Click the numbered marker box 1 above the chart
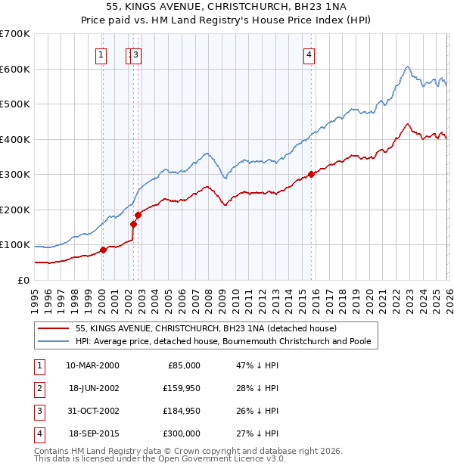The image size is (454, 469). [101, 54]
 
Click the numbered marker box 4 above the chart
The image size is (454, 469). [309, 54]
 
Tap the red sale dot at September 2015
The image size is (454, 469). [311, 174]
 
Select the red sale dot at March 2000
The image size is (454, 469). [104, 250]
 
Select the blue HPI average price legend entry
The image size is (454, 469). [223, 341]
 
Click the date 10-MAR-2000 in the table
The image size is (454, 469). [92, 365]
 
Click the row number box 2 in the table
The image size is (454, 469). [39, 387]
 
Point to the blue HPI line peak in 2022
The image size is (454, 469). [407, 67]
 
